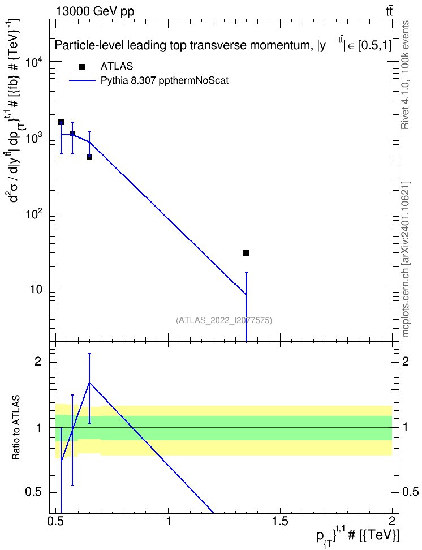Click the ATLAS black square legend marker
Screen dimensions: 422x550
point(82,67)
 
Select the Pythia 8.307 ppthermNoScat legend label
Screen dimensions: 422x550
point(165,81)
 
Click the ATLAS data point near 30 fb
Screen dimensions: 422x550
point(246,253)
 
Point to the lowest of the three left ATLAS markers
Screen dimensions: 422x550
point(89,157)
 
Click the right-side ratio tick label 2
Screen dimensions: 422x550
point(405,361)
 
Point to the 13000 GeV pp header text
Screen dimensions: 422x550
point(94,11)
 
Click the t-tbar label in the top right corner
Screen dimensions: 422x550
point(389,11)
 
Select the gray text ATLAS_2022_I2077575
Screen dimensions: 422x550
point(224,320)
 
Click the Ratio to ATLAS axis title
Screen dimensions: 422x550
point(16,427)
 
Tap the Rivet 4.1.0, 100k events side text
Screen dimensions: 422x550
point(405,75)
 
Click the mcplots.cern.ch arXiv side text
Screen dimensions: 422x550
point(406,259)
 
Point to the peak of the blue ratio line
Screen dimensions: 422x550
point(89,383)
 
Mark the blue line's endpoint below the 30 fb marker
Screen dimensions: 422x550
point(246,294)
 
